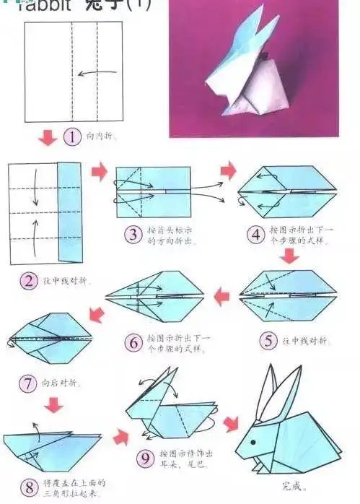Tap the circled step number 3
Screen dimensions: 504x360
(x=133, y=233)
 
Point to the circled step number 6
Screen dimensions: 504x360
(x=133, y=342)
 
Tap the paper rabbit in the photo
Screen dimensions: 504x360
(x=242, y=72)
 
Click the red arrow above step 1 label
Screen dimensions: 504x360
(x=47, y=136)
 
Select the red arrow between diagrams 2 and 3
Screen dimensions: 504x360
(x=98, y=171)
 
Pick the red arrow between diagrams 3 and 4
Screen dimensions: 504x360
(x=228, y=171)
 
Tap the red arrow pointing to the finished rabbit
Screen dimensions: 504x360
(x=232, y=423)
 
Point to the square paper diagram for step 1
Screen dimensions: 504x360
(x=72, y=72)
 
